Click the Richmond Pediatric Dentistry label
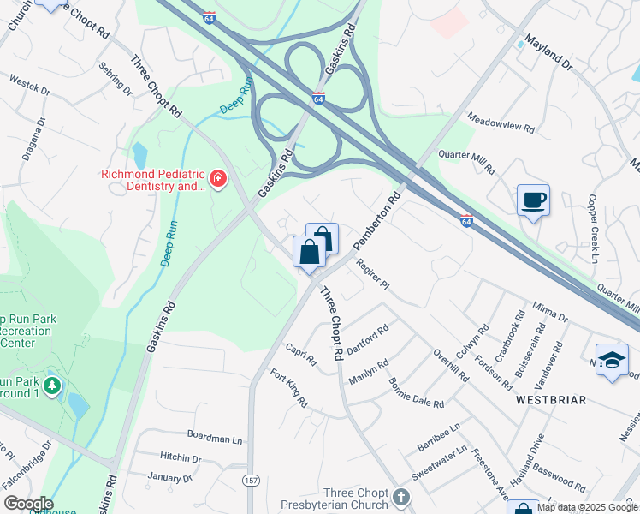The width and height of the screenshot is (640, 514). click(x=153, y=179)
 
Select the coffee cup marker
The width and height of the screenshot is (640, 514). click(x=533, y=200)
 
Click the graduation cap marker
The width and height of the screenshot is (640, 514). click(x=612, y=360)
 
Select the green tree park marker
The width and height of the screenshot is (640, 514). click(x=52, y=386)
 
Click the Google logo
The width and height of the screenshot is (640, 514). click(x=27, y=504)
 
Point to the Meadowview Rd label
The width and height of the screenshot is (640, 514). click(x=501, y=123)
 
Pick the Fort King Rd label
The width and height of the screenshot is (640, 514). click(x=288, y=387)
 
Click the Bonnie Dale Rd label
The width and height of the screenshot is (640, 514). click(x=416, y=392)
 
